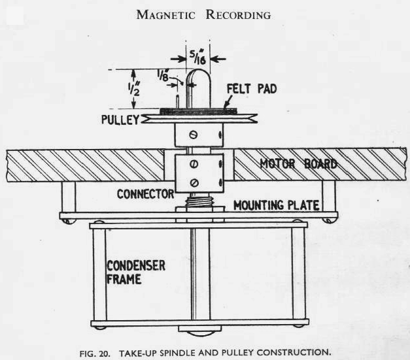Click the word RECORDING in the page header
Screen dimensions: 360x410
point(238,15)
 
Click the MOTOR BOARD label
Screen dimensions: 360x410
point(298,163)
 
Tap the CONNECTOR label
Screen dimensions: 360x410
point(145,194)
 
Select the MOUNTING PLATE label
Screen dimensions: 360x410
point(277,206)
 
